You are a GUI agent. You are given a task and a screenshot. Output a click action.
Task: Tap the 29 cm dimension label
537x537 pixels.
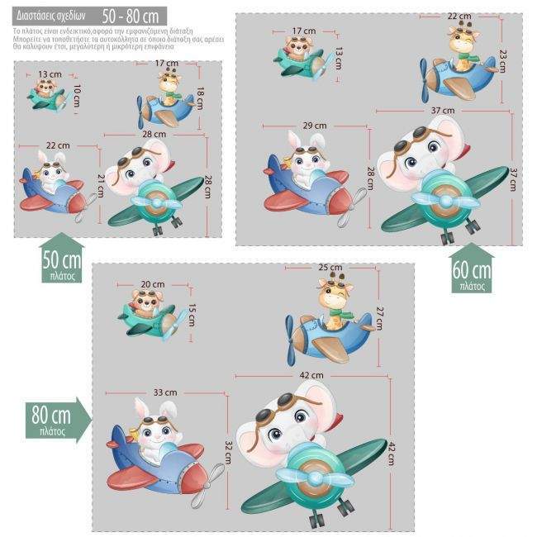pyautogui.click(x=314, y=125)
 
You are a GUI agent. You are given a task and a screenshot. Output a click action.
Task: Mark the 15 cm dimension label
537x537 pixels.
pyautogui.click(x=192, y=315)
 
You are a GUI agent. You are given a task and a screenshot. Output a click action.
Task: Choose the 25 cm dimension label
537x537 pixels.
pyautogui.click(x=330, y=268)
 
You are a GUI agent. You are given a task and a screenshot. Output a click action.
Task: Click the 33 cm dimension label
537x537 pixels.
pyautogui.click(x=165, y=392)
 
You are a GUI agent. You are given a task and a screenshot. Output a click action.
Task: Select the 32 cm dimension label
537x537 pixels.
pyautogui.click(x=229, y=451)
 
